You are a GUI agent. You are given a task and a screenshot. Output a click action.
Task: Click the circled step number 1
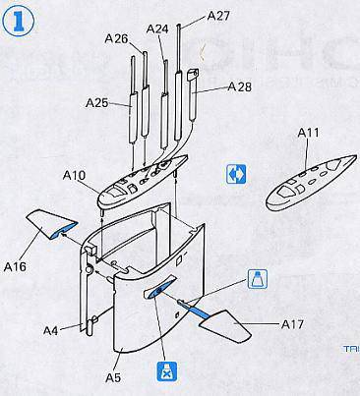pos(19,22)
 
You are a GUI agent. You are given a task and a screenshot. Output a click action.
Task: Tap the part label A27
pos(218,16)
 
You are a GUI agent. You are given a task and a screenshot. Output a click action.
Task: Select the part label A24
pos(157,28)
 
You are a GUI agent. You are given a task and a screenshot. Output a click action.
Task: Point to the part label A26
pos(116,38)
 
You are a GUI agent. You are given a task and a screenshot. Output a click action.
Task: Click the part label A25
pos(96,103)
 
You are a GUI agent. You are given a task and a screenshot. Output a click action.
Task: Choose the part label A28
pos(240,86)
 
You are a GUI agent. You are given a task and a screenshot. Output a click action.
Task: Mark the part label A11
pos(308,133)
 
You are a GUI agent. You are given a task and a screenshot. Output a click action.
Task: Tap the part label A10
pos(74,176)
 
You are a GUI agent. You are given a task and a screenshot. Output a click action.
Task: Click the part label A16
pos(15,266)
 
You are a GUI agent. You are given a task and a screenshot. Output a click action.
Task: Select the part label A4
pos(50,330)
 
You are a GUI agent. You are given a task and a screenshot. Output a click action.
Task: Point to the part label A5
pos(113,377)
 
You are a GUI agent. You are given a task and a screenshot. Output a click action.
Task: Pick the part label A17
pos(292,324)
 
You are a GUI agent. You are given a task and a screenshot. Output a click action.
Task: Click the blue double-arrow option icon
pos(236,174)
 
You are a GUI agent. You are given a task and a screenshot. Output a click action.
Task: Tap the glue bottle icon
pos(258,279)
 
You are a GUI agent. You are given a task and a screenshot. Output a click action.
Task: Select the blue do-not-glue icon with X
pos(167,372)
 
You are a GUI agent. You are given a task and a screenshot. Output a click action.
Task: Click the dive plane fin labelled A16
pos(51,224)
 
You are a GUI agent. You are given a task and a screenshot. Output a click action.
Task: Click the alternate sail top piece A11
pos(310,184)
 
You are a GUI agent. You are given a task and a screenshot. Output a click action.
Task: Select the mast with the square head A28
pos(194,95)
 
